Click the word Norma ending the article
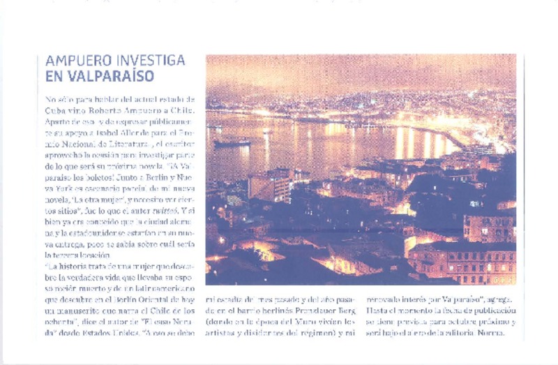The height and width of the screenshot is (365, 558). [x=501, y=333]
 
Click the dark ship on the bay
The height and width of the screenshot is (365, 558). [x=232, y=144]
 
